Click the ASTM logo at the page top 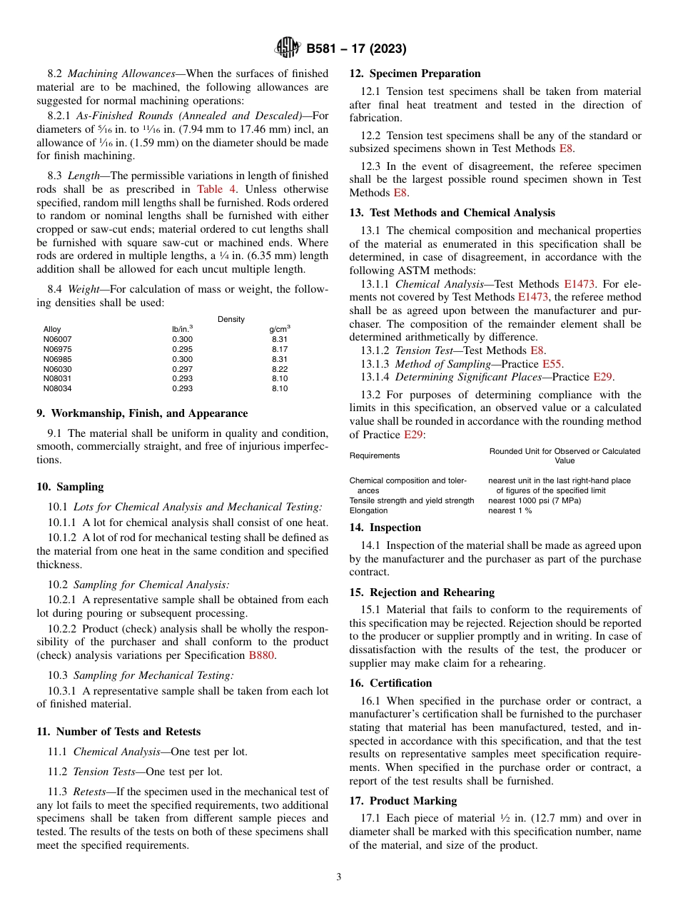click(x=288, y=49)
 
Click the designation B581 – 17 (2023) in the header click(x=356, y=49)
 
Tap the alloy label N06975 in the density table click(x=57, y=349)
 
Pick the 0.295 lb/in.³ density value click(x=182, y=349)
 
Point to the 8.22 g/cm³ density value click(x=279, y=369)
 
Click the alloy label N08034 click(x=57, y=389)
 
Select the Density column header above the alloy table click(x=231, y=319)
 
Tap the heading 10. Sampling click(x=70, y=487)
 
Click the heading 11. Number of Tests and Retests click(x=118, y=732)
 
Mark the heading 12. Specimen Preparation click(x=415, y=74)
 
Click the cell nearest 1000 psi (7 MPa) click(x=534, y=500)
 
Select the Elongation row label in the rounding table click(x=368, y=510)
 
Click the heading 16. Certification click(x=390, y=683)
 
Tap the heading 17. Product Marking click(x=403, y=801)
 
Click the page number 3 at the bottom click(x=339, y=877)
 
